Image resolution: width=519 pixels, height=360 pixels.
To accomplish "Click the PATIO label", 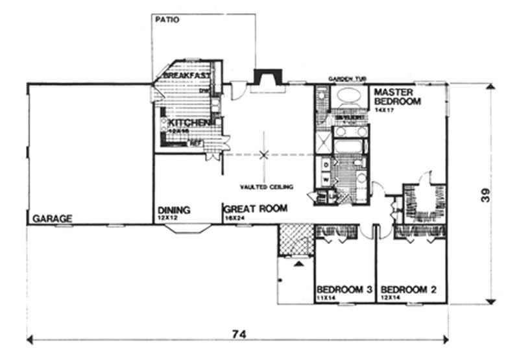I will (167, 19).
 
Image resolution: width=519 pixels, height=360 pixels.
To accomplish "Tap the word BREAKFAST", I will (186, 76).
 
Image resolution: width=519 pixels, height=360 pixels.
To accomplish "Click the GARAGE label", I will (52, 219).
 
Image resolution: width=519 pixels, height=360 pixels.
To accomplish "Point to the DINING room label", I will (173, 210).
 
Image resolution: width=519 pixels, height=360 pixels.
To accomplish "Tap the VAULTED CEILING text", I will (267, 187).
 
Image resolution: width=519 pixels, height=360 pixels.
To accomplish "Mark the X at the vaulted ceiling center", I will (263, 154).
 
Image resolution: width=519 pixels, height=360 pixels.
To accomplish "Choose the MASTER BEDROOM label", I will (397, 97).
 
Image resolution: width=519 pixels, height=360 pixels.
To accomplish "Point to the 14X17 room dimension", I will (383, 111).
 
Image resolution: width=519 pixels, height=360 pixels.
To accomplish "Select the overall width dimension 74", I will (238, 335).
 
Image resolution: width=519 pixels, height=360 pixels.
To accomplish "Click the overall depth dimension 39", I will (494, 194).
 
